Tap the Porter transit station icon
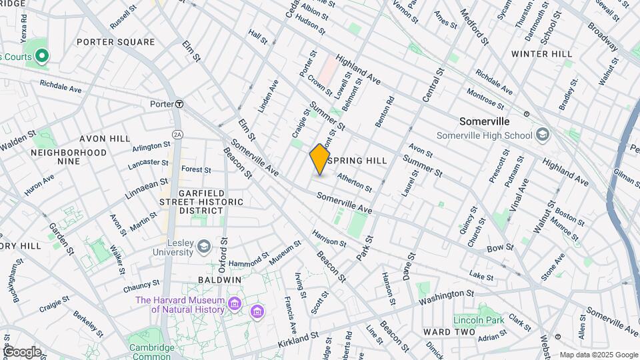(179, 104)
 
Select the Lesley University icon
(203, 247)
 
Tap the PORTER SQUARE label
(115, 42)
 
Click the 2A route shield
(177, 134)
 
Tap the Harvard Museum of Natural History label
(180, 305)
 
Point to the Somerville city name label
(485, 122)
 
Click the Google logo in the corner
(21, 352)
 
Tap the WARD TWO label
(449, 332)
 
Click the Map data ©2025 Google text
(598, 355)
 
